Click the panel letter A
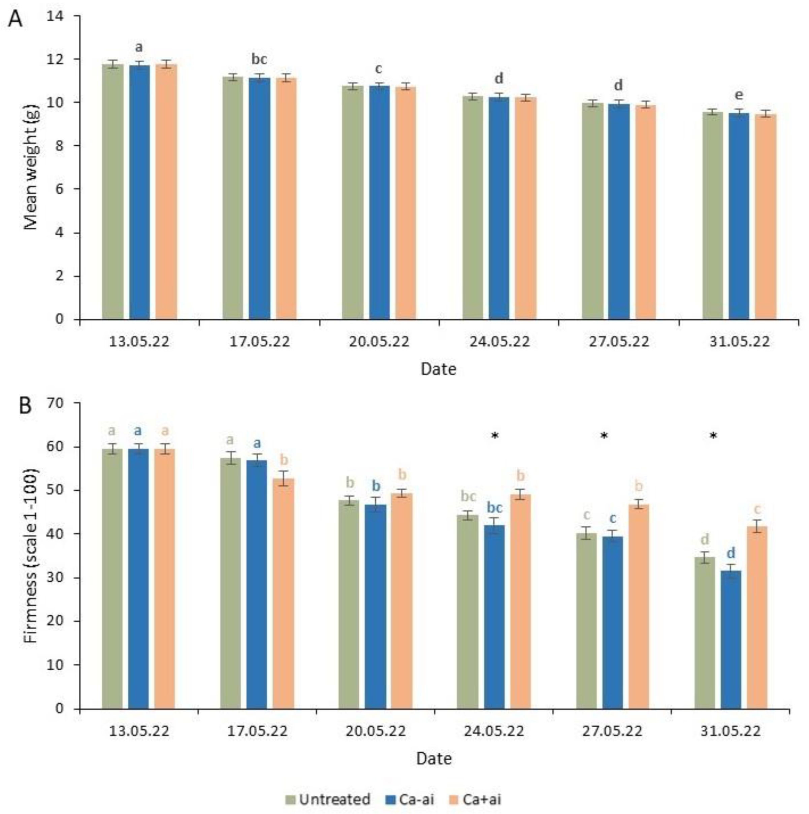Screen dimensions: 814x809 (x=15, y=19)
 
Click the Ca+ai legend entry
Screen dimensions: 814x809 (x=475, y=799)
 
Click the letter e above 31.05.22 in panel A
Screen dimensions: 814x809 (x=739, y=95)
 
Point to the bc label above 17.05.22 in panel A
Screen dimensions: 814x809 (x=259, y=60)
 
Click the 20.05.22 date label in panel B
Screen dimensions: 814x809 (x=376, y=731)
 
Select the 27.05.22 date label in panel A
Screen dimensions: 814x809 (x=619, y=341)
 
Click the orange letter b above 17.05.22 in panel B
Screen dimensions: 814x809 (x=284, y=460)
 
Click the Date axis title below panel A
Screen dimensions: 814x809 (x=438, y=370)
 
